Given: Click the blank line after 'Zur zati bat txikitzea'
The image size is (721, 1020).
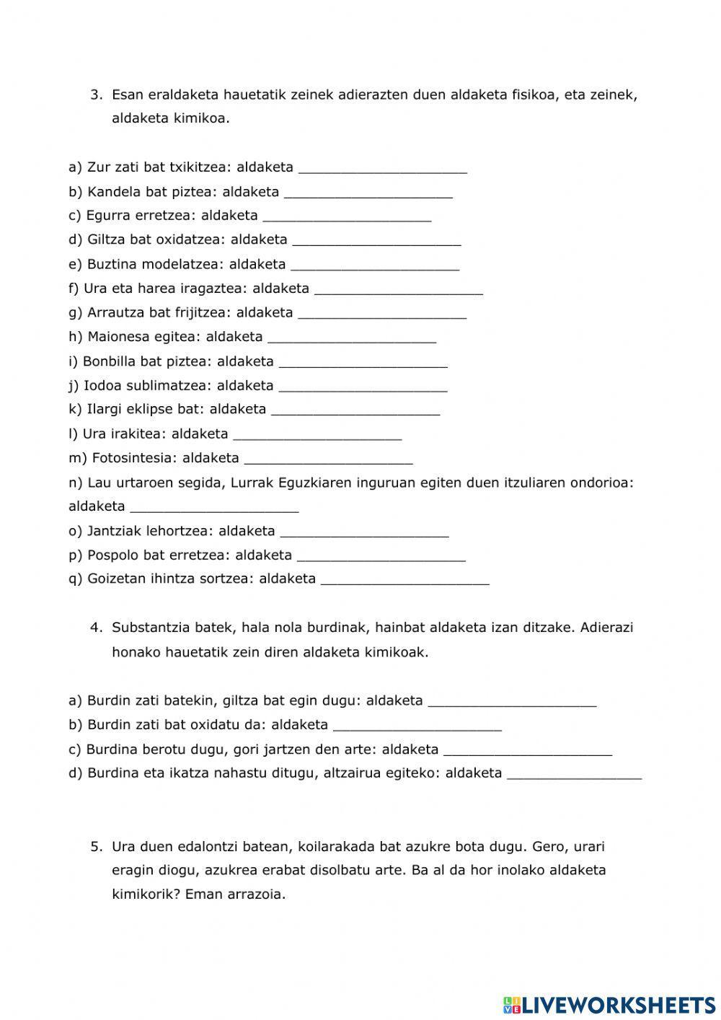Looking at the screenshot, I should tap(382, 169).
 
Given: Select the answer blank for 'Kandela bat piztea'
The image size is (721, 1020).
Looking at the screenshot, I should tap(368, 193).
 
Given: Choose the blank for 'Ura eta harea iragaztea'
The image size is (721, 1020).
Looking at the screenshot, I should tap(399, 289).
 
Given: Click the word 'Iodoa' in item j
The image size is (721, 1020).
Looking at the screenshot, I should tap(102, 385).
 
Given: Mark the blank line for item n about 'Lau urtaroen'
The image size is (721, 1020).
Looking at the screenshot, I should tap(214, 507).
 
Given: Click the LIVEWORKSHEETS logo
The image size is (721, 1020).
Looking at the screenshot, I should tap(609, 1004).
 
